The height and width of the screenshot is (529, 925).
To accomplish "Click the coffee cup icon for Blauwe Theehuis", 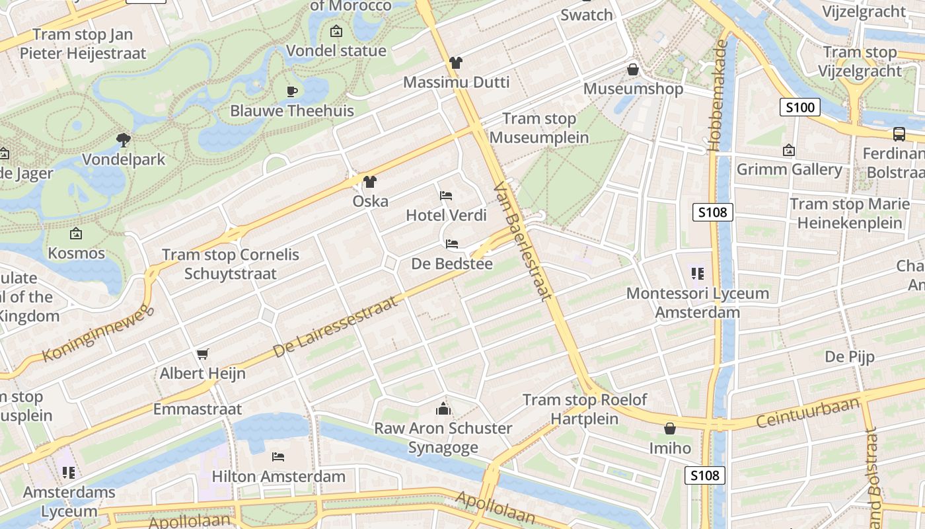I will tap(292, 91).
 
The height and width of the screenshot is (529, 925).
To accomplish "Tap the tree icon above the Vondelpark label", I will tap(123, 140).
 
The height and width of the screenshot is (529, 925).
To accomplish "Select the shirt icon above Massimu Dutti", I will tap(456, 63).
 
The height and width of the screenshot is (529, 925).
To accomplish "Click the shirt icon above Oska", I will tap(369, 181).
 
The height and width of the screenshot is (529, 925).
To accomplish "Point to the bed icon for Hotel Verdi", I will tap(446, 196).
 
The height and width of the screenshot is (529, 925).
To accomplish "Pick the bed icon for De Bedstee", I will tap(452, 244).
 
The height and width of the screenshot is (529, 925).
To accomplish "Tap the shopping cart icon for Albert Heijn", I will tap(202, 354).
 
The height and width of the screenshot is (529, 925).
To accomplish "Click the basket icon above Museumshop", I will tap(633, 69).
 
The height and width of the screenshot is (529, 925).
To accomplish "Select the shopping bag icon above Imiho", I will tap(670, 428).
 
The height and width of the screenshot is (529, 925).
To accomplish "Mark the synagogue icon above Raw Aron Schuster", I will tap(443, 409).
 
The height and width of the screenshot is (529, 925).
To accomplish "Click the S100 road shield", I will tap(799, 107).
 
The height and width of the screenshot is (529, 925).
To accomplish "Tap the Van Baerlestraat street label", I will tap(523, 241).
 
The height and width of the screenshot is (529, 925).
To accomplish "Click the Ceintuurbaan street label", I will tap(808, 412).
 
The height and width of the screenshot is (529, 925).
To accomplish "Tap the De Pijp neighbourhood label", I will tap(849, 357).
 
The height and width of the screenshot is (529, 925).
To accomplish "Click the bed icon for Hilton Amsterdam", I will tap(278, 457).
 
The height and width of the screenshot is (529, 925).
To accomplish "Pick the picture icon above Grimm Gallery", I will tap(788, 151).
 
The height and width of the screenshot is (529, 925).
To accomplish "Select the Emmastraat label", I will tap(198, 409).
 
